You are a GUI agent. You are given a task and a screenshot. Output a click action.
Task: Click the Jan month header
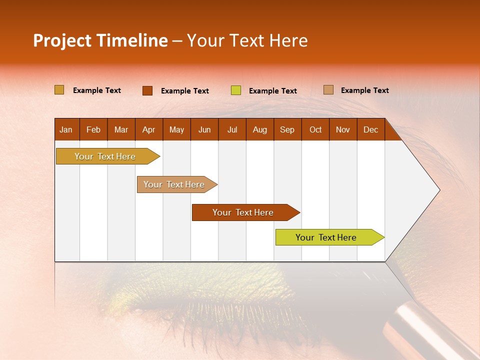coord(66,129)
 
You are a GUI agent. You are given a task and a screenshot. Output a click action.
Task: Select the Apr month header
coord(148,129)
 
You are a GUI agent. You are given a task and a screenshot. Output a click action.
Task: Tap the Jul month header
coord(232,129)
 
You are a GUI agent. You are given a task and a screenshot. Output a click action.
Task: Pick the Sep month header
coord(287,129)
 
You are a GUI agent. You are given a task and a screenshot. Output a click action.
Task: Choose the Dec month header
coord(370,129)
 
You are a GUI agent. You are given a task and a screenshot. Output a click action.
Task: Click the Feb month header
coord(93,129)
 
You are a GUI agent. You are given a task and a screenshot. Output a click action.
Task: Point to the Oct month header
coord(315,129)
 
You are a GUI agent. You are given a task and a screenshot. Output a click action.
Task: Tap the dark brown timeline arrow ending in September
coord(243,212)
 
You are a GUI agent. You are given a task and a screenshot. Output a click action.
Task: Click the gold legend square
coord(59,90)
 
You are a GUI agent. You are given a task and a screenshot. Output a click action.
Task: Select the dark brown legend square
coord(147,90)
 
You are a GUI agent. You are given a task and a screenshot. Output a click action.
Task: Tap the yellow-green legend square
coord(236,90)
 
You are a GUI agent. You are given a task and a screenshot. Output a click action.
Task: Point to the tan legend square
coord(328,90)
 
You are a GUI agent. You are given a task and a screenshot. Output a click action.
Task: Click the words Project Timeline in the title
coord(100,40)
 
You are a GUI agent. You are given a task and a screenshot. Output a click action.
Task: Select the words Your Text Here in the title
coord(247,40)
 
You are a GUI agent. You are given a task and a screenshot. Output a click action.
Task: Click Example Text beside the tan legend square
coord(364,90)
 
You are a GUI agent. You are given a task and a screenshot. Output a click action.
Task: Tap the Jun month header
coord(204,129)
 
